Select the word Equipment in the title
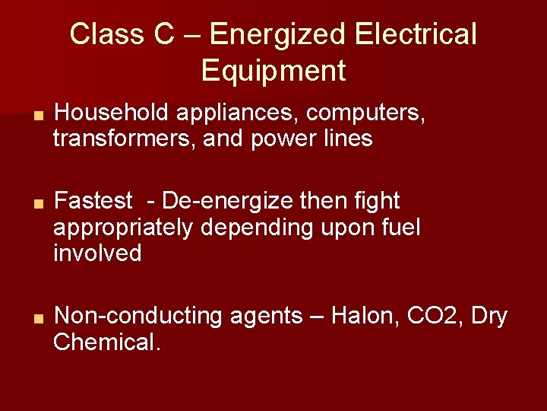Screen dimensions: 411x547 (x=273, y=71)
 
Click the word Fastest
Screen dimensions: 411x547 (x=93, y=201)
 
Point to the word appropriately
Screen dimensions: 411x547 (x=123, y=227)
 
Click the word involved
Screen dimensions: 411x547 (x=97, y=252)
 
